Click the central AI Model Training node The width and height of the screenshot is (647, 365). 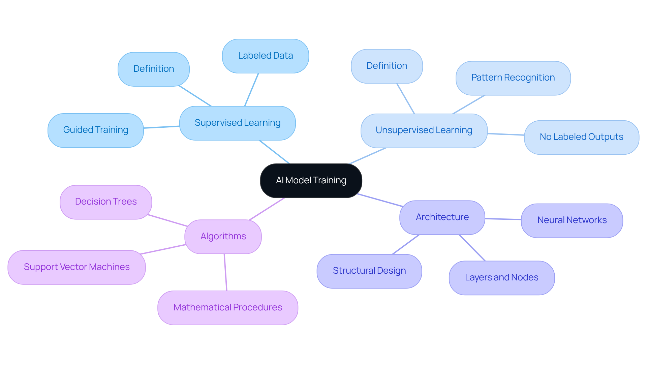pyautogui.click(x=311, y=181)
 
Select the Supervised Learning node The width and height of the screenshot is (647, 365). pyautogui.click(x=238, y=123)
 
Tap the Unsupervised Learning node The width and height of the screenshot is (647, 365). pyautogui.click(x=424, y=130)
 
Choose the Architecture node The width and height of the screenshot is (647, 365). pyautogui.click(x=442, y=217)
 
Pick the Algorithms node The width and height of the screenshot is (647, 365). pyautogui.click(x=223, y=237)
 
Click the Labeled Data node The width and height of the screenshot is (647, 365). pyautogui.click(x=266, y=56)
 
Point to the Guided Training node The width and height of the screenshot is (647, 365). pyautogui.click(x=96, y=130)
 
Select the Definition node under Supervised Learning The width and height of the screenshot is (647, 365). pyautogui.click(x=154, y=69)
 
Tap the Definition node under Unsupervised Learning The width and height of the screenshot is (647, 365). pyautogui.click(x=387, y=66)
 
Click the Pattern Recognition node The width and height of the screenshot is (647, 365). pyautogui.click(x=513, y=78)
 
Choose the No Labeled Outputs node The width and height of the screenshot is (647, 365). pyautogui.click(x=581, y=137)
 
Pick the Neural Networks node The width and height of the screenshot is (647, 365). pyautogui.click(x=572, y=220)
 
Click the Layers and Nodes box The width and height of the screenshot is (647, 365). pyautogui.click(x=501, y=278)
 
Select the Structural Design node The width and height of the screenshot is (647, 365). pyautogui.click(x=369, y=271)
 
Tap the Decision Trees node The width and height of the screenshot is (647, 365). pyautogui.click(x=106, y=202)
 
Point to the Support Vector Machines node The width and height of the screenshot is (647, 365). pyautogui.click(x=76, y=267)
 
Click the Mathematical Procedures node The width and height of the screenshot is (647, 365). pyautogui.click(x=228, y=308)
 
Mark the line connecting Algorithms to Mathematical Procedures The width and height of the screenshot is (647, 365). pyautogui.click(x=225, y=272)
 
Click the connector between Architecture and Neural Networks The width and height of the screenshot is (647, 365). pyautogui.click(x=503, y=219)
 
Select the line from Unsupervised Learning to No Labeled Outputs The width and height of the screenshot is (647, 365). pyautogui.click(x=506, y=134)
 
